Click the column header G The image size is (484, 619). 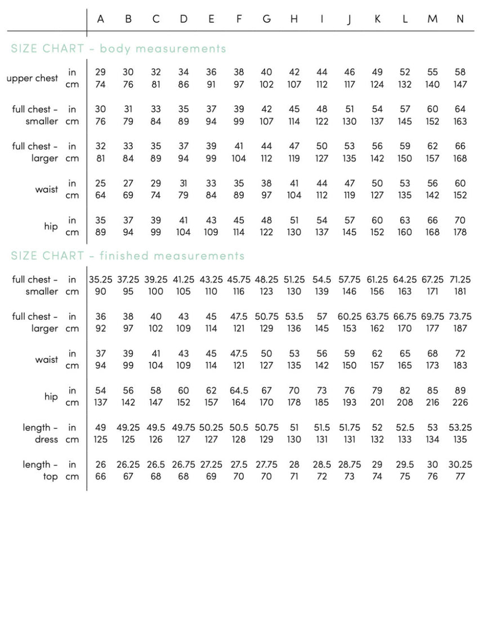tap(266, 19)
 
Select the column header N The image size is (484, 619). tap(460, 19)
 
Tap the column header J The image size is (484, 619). tap(349, 19)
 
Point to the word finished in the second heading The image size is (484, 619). tap(123, 256)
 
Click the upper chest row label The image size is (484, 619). tap(32, 78)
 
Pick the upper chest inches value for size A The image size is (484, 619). tap(100, 72)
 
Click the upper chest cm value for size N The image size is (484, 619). tap(460, 85)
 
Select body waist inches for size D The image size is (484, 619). tap(183, 183)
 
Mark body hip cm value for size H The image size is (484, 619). tap(294, 232)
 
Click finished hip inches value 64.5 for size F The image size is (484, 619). tap(239, 391)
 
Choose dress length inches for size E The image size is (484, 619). tap(211, 428)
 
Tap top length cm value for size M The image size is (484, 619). tap(432, 477)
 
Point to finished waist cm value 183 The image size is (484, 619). tap(460, 365)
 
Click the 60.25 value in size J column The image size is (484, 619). tap(349, 317)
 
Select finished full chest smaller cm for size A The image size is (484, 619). tap(100, 291)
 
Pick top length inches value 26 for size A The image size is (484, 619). tap(100, 465)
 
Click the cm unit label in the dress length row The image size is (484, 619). tap(72, 440)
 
